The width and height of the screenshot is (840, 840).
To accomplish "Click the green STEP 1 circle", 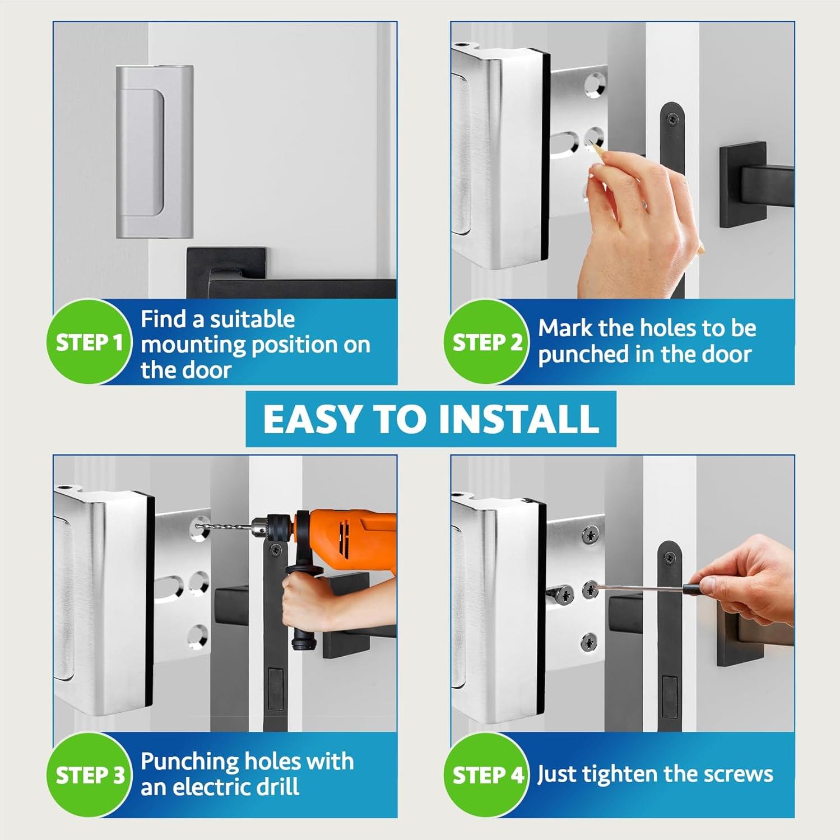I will tap(89, 342).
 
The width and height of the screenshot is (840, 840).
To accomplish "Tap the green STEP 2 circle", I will tap(486, 342).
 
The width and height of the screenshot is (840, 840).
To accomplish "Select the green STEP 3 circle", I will tap(89, 775).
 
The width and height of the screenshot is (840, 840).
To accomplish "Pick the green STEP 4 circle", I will tap(486, 775).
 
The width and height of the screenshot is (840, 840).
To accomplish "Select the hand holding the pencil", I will tap(639, 224).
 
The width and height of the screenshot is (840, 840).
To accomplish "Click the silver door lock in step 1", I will tap(154, 151).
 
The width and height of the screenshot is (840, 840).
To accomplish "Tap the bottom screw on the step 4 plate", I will tap(589, 641).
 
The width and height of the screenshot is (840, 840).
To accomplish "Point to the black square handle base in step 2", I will tap(742, 185).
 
